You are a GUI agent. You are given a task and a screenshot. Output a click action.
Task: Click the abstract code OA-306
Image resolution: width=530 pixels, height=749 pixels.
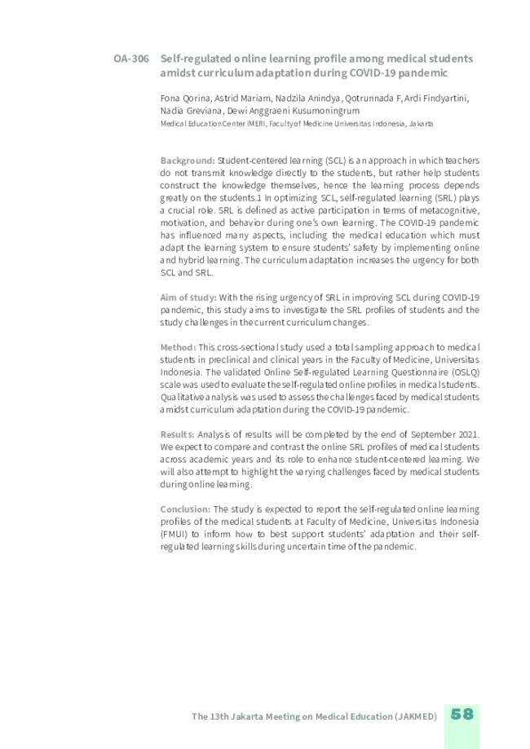pos(130,59)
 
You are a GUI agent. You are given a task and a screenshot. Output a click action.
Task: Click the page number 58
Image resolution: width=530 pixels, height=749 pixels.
pos(462,714)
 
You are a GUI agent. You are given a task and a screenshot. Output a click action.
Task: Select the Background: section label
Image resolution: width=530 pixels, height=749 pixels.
pos(188,161)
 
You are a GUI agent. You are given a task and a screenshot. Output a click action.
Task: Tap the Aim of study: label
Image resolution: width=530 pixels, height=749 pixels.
pos(188,297)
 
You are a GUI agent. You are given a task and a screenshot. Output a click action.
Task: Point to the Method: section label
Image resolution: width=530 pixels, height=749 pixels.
pos(178,346)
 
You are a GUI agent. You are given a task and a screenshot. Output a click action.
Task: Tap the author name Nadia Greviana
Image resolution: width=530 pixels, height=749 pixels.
pos(185,111)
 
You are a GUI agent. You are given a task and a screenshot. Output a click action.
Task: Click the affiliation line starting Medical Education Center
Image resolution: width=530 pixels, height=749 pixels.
pos(297,124)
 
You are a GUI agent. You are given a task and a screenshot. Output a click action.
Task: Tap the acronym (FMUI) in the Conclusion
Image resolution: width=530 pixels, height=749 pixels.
pos(174,534)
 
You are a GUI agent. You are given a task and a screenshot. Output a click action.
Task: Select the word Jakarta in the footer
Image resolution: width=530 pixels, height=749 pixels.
pos(253,716)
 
